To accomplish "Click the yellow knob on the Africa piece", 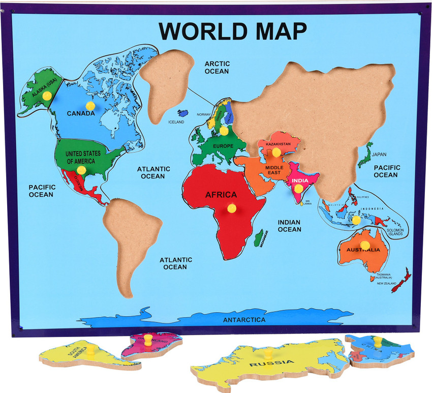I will [232, 208].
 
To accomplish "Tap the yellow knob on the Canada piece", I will [90, 105].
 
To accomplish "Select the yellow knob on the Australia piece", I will [365, 245].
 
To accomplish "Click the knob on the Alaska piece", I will [47, 95].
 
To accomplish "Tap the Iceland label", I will [176, 122].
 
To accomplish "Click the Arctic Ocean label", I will [218, 68].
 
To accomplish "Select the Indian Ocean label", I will [289, 226].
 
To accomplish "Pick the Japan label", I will [379, 154].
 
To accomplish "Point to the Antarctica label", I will [244, 320].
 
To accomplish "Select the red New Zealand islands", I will [403, 280].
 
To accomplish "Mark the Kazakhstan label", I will [277, 144].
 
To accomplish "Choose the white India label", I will [301, 179].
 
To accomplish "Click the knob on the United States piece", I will [81, 170].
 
